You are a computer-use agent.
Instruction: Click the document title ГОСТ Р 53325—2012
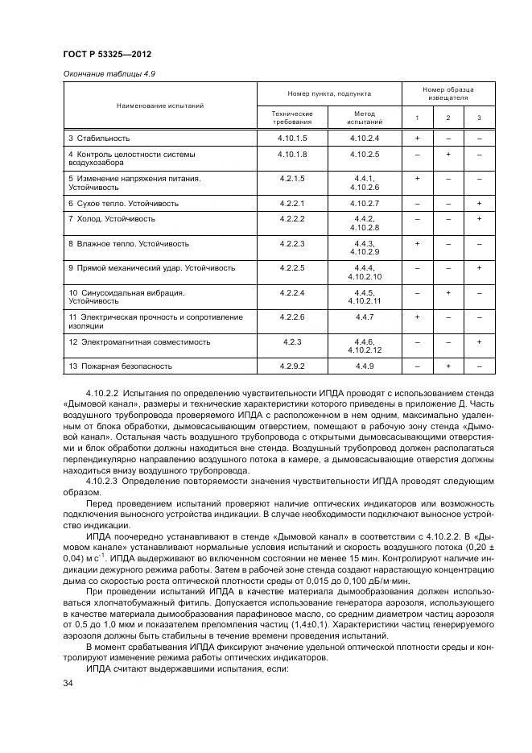pos(107,54)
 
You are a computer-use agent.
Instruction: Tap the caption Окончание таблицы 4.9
pos(109,73)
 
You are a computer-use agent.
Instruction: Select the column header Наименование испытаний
pos(160,106)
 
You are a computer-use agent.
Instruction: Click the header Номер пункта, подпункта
pos(329,94)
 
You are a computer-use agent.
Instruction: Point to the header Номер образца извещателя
pos(448,93)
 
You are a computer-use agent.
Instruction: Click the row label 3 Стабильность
pos(98,139)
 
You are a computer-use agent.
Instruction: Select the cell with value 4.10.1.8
pos(291,153)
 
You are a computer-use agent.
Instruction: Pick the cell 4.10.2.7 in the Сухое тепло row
pos(364,203)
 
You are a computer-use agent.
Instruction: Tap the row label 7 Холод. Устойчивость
pos(112,219)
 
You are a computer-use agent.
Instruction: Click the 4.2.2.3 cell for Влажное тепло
pos(291,242)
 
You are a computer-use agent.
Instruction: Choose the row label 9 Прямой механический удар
pos(151,267)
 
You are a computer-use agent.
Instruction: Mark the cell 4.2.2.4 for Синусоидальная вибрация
pos(291,292)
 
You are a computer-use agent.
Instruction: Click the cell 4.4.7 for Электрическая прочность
pos(364,318)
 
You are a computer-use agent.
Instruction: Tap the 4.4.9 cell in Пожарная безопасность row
pos(364,366)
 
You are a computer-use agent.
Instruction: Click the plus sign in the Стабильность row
pos(417,139)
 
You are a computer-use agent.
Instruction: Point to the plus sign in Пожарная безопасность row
pos(447,366)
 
